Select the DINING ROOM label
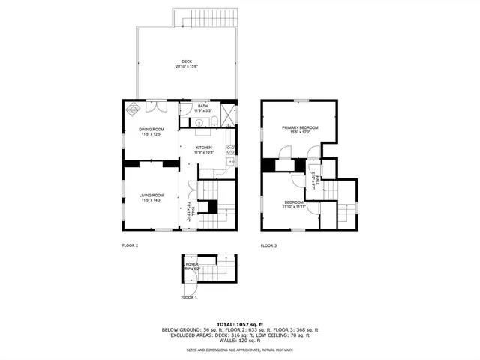[x=151, y=130]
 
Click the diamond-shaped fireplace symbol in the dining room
[x=132, y=108]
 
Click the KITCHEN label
[x=204, y=148]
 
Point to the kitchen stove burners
[x=231, y=149]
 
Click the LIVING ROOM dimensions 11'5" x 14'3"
[x=151, y=200]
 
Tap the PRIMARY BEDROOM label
[x=300, y=128]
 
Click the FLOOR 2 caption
[x=130, y=245]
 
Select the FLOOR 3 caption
[x=268, y=245]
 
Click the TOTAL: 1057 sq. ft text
[x=240, y=323]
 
